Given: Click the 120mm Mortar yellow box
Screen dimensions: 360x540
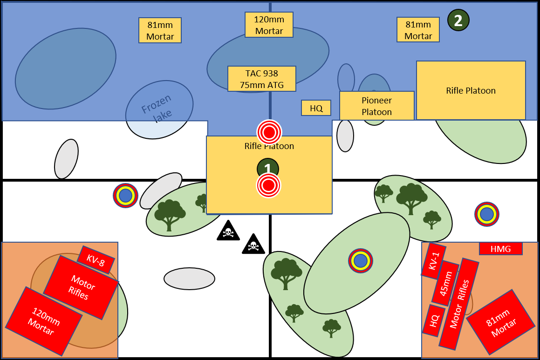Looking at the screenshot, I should tap(269, 25).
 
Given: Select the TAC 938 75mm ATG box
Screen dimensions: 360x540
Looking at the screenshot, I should tap(261, 79).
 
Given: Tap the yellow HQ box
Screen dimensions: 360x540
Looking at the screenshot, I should tap(316, 108).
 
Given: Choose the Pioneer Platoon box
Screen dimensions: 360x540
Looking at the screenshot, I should tap(376, 106).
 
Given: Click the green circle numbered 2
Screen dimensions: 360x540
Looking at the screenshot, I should tap(458, 20).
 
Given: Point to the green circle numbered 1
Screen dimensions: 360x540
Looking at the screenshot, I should tap(268, 168).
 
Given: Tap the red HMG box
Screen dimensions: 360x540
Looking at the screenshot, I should tap(500, 249).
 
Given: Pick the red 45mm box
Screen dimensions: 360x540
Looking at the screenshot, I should tap(445, 283).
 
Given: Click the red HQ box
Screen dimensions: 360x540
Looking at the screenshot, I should tap(434, 320).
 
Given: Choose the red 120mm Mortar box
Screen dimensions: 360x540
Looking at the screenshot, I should tap(43, 321).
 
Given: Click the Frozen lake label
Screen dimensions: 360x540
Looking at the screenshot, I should tap(157, 109).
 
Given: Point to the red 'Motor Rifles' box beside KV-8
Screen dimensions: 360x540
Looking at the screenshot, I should tap(81, 287).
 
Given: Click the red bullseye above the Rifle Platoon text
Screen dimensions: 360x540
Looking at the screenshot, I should tap(269, 132).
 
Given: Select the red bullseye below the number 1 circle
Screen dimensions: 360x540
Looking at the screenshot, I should tap(268, 185).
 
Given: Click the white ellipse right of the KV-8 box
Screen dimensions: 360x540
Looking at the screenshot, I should tap(189, 278).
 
